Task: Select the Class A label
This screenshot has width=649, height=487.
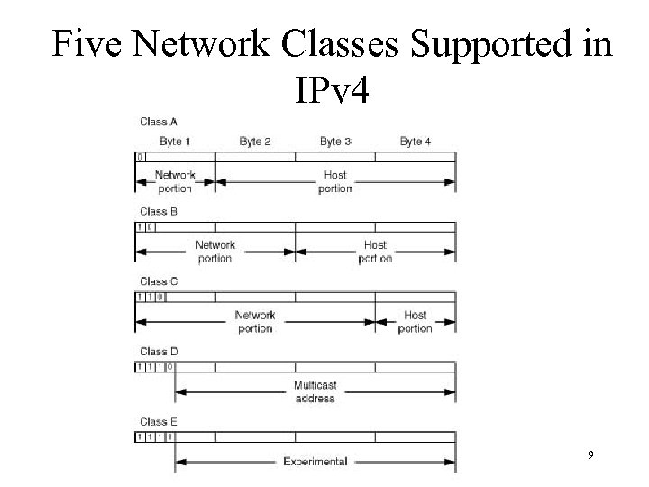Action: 158,121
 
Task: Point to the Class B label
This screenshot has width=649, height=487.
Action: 158,211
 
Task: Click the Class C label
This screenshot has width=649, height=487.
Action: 158,281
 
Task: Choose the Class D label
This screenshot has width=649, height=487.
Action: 158,352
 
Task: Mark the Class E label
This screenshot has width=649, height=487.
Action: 158,421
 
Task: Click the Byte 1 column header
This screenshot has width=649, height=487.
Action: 175,141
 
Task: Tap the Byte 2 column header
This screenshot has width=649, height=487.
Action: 255,141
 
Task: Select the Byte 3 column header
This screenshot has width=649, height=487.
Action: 335,141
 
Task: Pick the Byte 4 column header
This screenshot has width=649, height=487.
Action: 415,141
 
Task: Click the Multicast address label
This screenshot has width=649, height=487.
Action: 315,391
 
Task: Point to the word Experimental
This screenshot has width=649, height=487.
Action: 315,462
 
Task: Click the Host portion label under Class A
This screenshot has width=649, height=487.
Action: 335,181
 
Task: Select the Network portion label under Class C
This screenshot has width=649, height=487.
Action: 255,322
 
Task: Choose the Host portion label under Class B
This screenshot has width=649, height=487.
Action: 375,252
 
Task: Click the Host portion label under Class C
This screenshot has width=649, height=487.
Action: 415,322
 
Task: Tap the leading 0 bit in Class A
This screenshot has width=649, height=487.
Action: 140,157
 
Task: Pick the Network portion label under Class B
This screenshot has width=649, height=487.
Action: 215,252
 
